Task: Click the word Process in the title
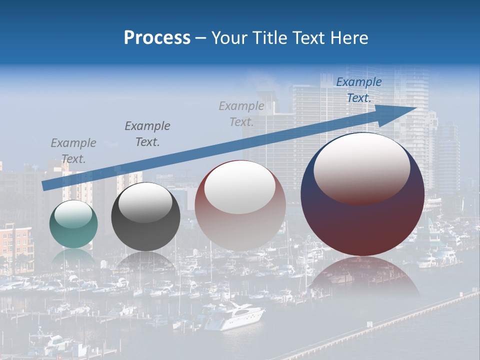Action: pos(157,38)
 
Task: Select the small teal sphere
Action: pos(73,224)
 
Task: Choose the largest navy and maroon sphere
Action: pos(362,195)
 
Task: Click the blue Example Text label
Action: pos(359,90)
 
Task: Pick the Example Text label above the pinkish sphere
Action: pos(241,113)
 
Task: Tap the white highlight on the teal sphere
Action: pos(73,213)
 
